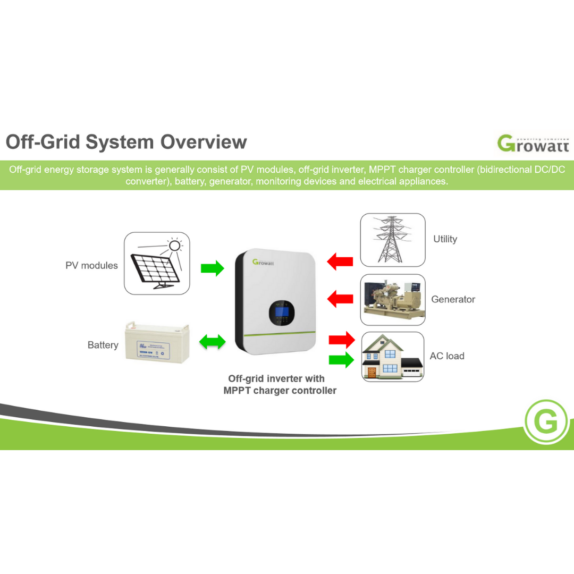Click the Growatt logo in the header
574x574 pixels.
pos(533,143)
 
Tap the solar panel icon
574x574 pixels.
pos(157,264)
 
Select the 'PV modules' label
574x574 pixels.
pos(91,265)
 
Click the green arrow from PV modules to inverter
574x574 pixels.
pos(212,268)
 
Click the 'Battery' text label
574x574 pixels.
pos(103,345)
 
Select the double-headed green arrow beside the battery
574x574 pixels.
pos(212,342)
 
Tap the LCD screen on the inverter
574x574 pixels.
pos(280,313)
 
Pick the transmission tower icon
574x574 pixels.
pos(392,240)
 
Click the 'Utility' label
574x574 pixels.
pos(445,239)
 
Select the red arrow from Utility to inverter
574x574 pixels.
pos(340,261)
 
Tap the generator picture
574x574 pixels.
pos(392,299)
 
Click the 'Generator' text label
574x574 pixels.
pos(453,299)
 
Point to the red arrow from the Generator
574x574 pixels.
pos(340,299)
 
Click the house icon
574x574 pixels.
pos(392,357)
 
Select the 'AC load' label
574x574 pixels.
pos(447,356)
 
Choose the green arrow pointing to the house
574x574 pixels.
pos(341,360)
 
